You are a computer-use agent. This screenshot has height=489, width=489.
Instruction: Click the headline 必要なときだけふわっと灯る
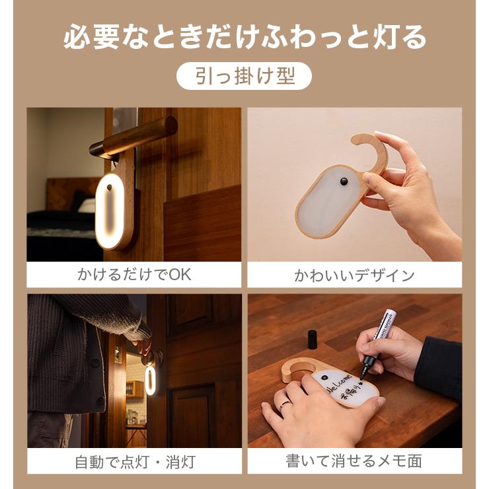[244, 38]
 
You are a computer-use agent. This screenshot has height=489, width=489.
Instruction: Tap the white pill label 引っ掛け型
[244, 76]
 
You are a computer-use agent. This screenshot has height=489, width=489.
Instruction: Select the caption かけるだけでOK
[133, 274]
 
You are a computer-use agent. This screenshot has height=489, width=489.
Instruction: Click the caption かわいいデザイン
[354, 275]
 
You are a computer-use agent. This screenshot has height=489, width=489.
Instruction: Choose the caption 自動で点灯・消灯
[133, 461]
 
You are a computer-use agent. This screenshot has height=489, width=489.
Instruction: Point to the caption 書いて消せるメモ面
[354, 461]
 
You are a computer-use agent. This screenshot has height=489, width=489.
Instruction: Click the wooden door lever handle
[139, 137]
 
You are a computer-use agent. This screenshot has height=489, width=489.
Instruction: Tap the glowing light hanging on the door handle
[113, 210]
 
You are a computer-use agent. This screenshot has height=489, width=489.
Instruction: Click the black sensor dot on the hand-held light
[344, 182]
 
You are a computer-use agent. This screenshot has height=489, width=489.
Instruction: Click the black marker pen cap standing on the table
[312, 338]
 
